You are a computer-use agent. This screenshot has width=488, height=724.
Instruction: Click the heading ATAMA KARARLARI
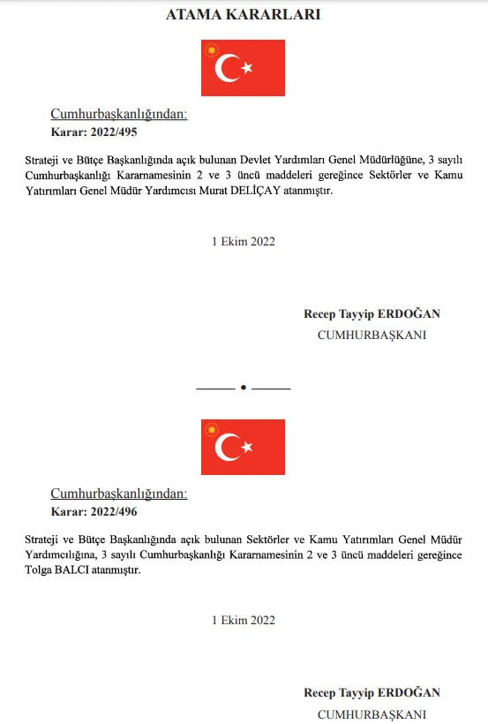pos(243,15)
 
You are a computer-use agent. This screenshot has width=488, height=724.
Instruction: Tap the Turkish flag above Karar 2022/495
pos(243,68)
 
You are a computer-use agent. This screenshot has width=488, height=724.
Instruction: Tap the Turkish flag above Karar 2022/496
pos(243,447)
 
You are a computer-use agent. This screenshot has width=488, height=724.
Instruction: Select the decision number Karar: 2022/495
pos(94,133)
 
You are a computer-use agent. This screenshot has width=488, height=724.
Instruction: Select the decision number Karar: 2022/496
pos(94,512)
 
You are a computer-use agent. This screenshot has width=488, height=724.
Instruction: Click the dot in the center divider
pos(243,388)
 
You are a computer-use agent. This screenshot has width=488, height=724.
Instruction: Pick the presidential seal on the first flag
pos(212,51)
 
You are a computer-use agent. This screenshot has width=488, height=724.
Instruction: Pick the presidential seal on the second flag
pos(212,430)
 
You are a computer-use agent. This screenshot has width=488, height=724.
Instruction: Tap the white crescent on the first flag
pos(229,68)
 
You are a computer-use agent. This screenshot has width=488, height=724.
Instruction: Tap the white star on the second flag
pos(248,447)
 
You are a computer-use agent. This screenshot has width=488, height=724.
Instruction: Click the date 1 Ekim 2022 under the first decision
pos(243,242)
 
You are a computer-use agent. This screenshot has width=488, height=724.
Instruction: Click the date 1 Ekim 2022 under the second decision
pos(243,621)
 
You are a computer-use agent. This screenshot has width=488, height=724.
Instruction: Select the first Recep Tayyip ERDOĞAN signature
pos(372,313)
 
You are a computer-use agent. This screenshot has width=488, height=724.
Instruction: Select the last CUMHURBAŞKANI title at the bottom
pos(372,714)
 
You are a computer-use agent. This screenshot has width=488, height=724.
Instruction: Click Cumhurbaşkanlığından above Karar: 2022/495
pos(119,115)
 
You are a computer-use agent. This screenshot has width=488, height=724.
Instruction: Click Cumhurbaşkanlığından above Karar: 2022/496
pos(119,494)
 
